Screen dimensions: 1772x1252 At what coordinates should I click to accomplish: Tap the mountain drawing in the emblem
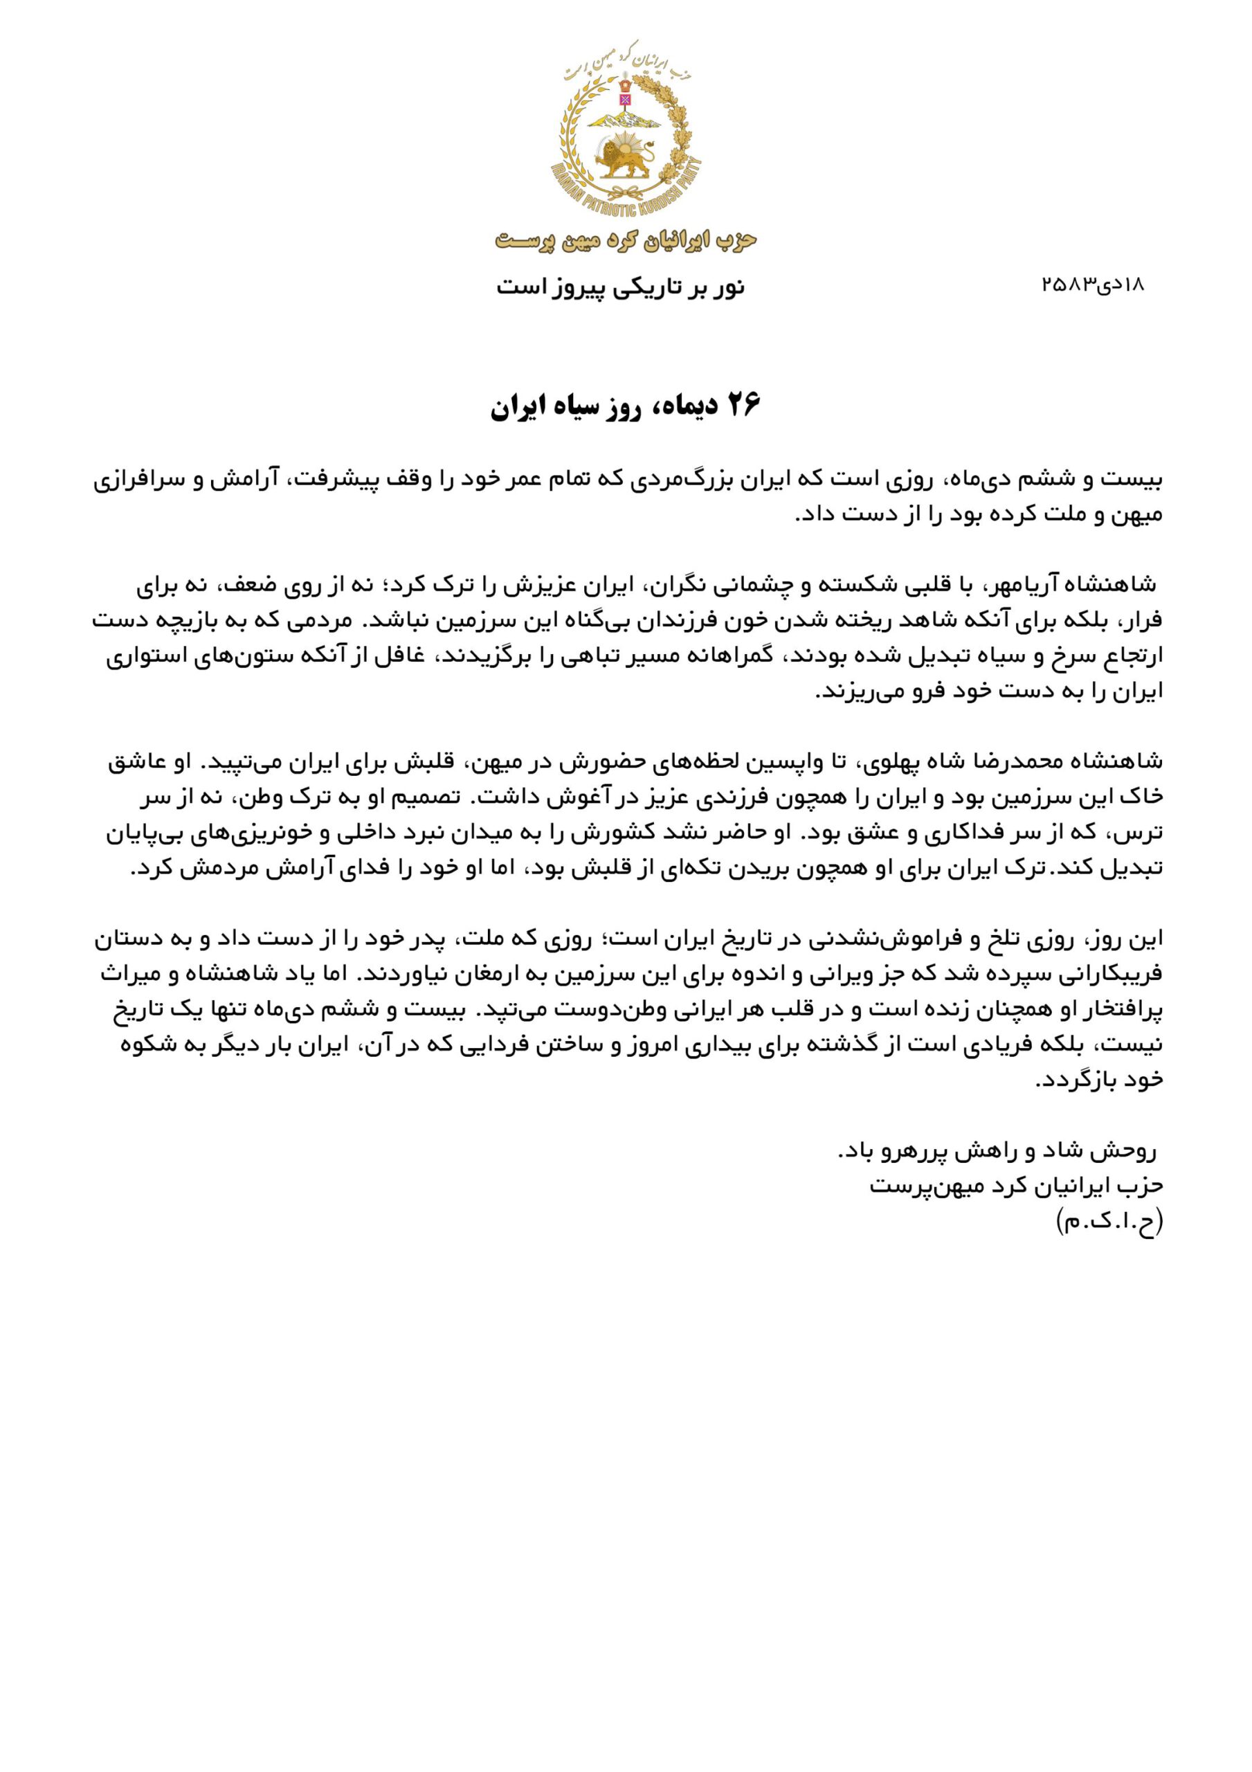[624, 117]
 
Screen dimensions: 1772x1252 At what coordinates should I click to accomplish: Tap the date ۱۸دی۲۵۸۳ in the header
[1091, 284]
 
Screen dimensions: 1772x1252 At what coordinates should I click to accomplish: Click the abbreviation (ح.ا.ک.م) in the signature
[1109, 1222]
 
